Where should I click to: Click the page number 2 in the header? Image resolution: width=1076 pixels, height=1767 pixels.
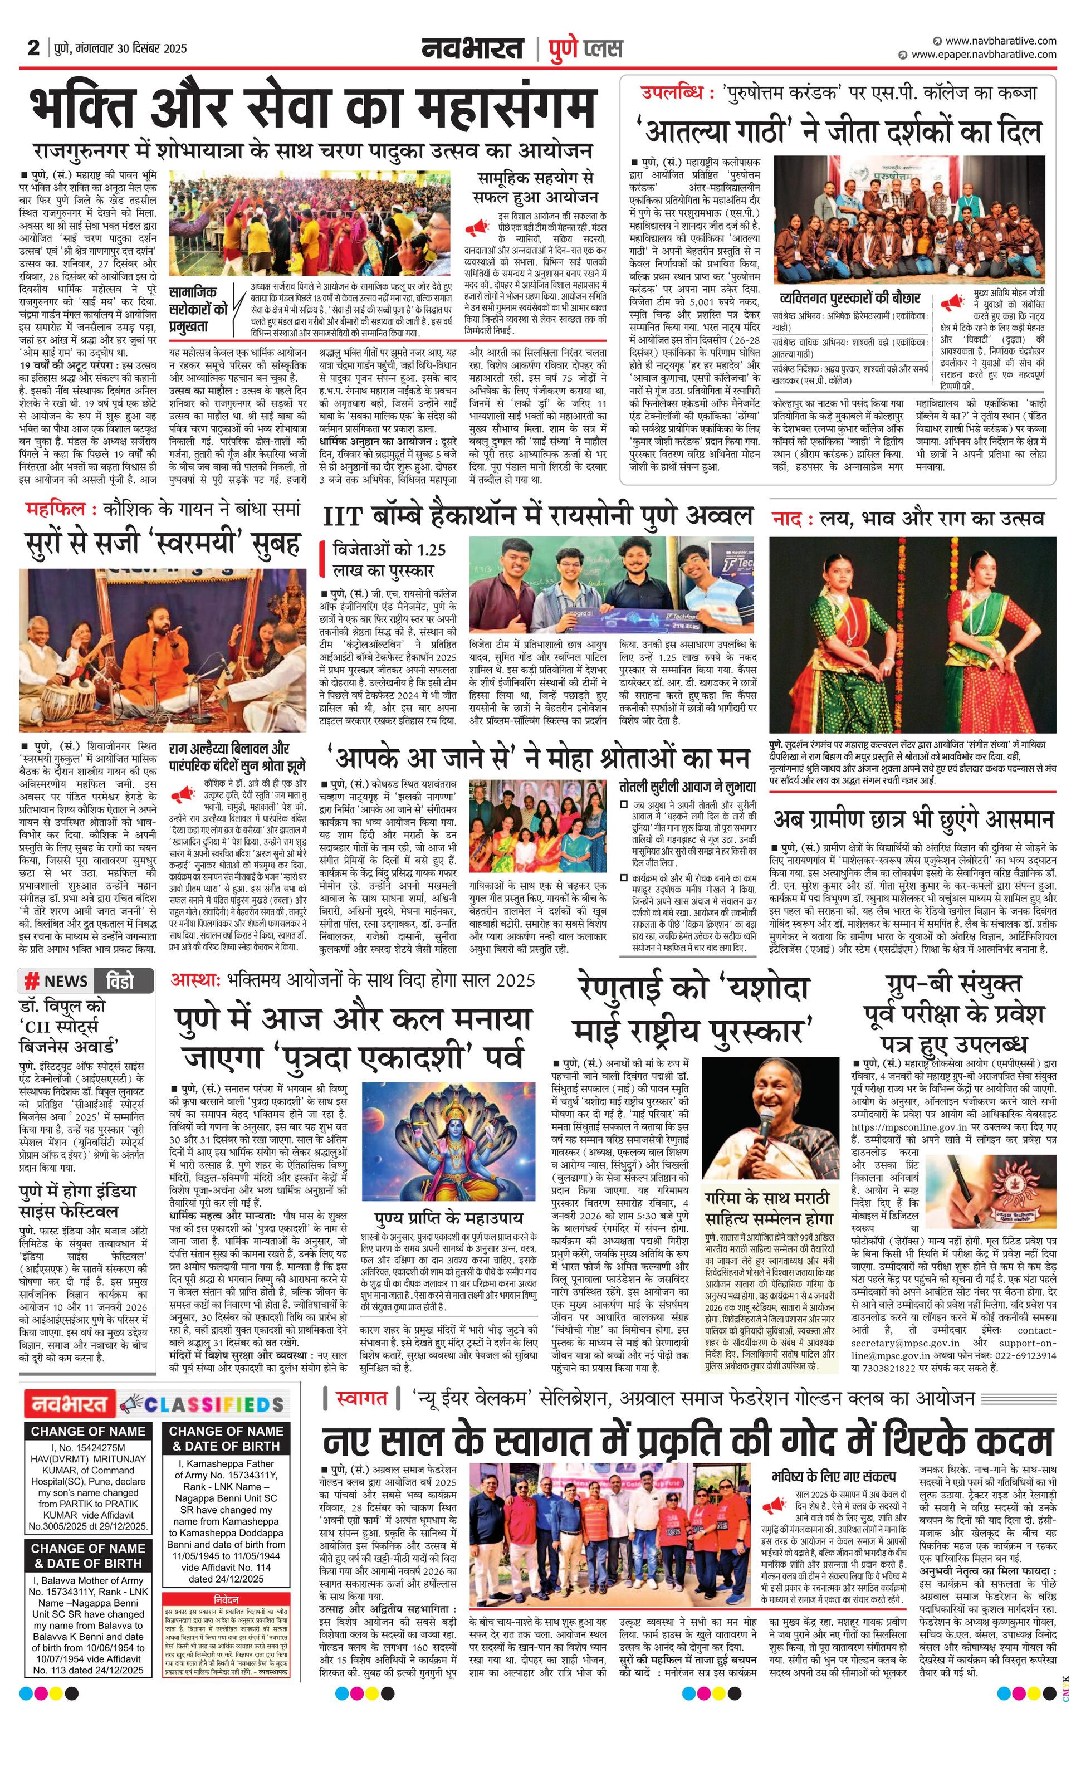(x=33, y=47)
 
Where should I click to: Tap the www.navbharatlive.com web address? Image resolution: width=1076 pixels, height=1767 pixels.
(x=1000, y=41)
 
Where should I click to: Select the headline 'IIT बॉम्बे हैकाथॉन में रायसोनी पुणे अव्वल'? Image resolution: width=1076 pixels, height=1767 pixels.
(x=537, y=516)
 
